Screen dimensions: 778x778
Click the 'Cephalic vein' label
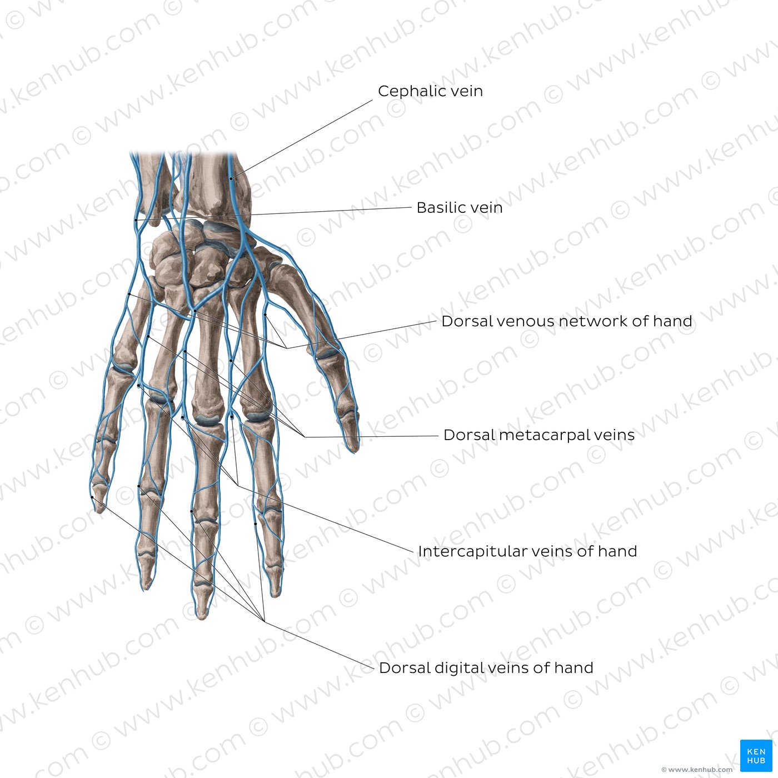430,91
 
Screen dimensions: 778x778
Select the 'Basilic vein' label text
460,207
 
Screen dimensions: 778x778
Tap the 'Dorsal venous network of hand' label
567,321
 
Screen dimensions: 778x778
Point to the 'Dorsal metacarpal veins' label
539,435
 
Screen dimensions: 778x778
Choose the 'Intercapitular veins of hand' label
527,551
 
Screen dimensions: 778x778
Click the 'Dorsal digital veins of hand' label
486,668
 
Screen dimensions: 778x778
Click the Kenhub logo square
756,756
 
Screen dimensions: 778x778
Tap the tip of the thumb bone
353,451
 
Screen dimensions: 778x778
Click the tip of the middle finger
202,618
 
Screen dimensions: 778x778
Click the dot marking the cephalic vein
231,178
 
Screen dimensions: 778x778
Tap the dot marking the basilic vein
136,220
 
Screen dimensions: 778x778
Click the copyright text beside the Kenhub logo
697,770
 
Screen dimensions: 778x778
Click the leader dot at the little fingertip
92,497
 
